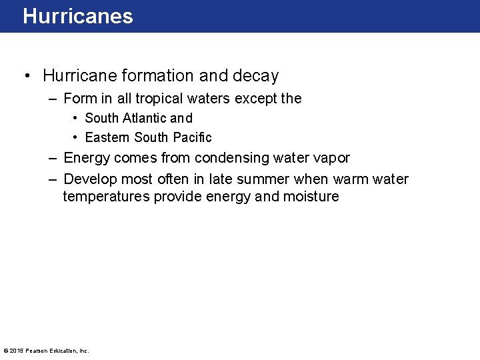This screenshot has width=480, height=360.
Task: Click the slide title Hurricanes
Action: (78, 16)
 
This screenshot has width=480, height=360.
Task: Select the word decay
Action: (257, 76)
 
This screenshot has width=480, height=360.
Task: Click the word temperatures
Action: (106, 197)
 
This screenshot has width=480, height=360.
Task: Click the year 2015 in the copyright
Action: (17, 351)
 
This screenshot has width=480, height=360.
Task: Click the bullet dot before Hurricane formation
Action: (26, 76)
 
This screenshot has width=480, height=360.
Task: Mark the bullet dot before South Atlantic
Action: (76, 118)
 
